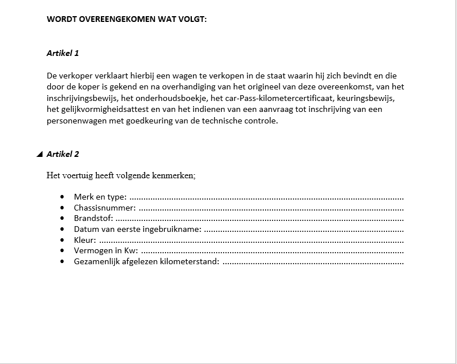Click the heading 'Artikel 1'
[62, 53]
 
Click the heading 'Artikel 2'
[62, 154]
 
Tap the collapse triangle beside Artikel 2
[39, 154]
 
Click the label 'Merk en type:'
[100, 197]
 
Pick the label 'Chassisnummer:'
[104, 208]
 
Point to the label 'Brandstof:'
[93, 219]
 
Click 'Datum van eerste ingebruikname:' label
[137, 230]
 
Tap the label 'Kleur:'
[85, 240]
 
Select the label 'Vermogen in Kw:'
[105, 251]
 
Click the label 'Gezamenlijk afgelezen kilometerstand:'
[146, 262]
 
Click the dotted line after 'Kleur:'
[251, 241]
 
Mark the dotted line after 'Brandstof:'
[259, 219]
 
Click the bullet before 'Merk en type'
[62, 197]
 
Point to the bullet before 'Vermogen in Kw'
[62, 251]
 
